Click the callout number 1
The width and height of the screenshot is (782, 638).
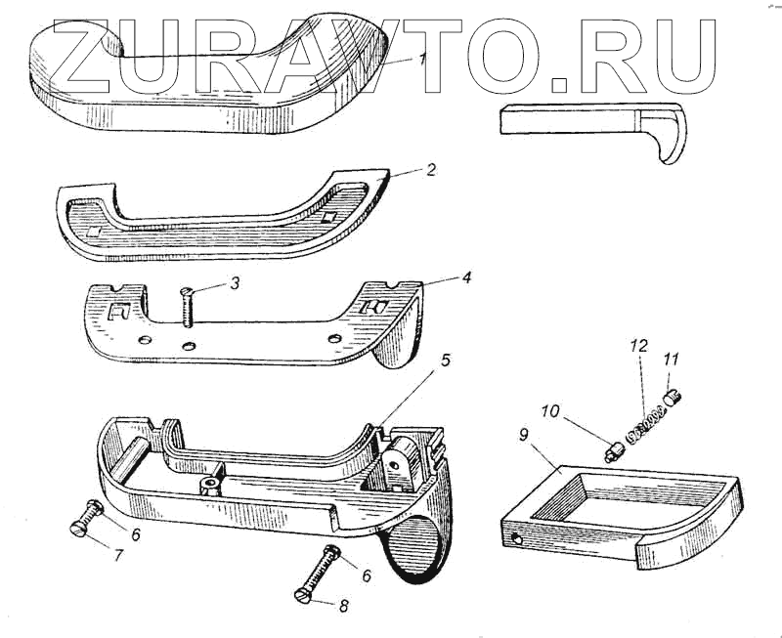pos(421,60)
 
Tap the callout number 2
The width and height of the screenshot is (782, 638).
pos(431,169)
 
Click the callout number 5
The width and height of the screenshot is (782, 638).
pos(445,360)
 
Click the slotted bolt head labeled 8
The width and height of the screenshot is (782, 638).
pos(303,595)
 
